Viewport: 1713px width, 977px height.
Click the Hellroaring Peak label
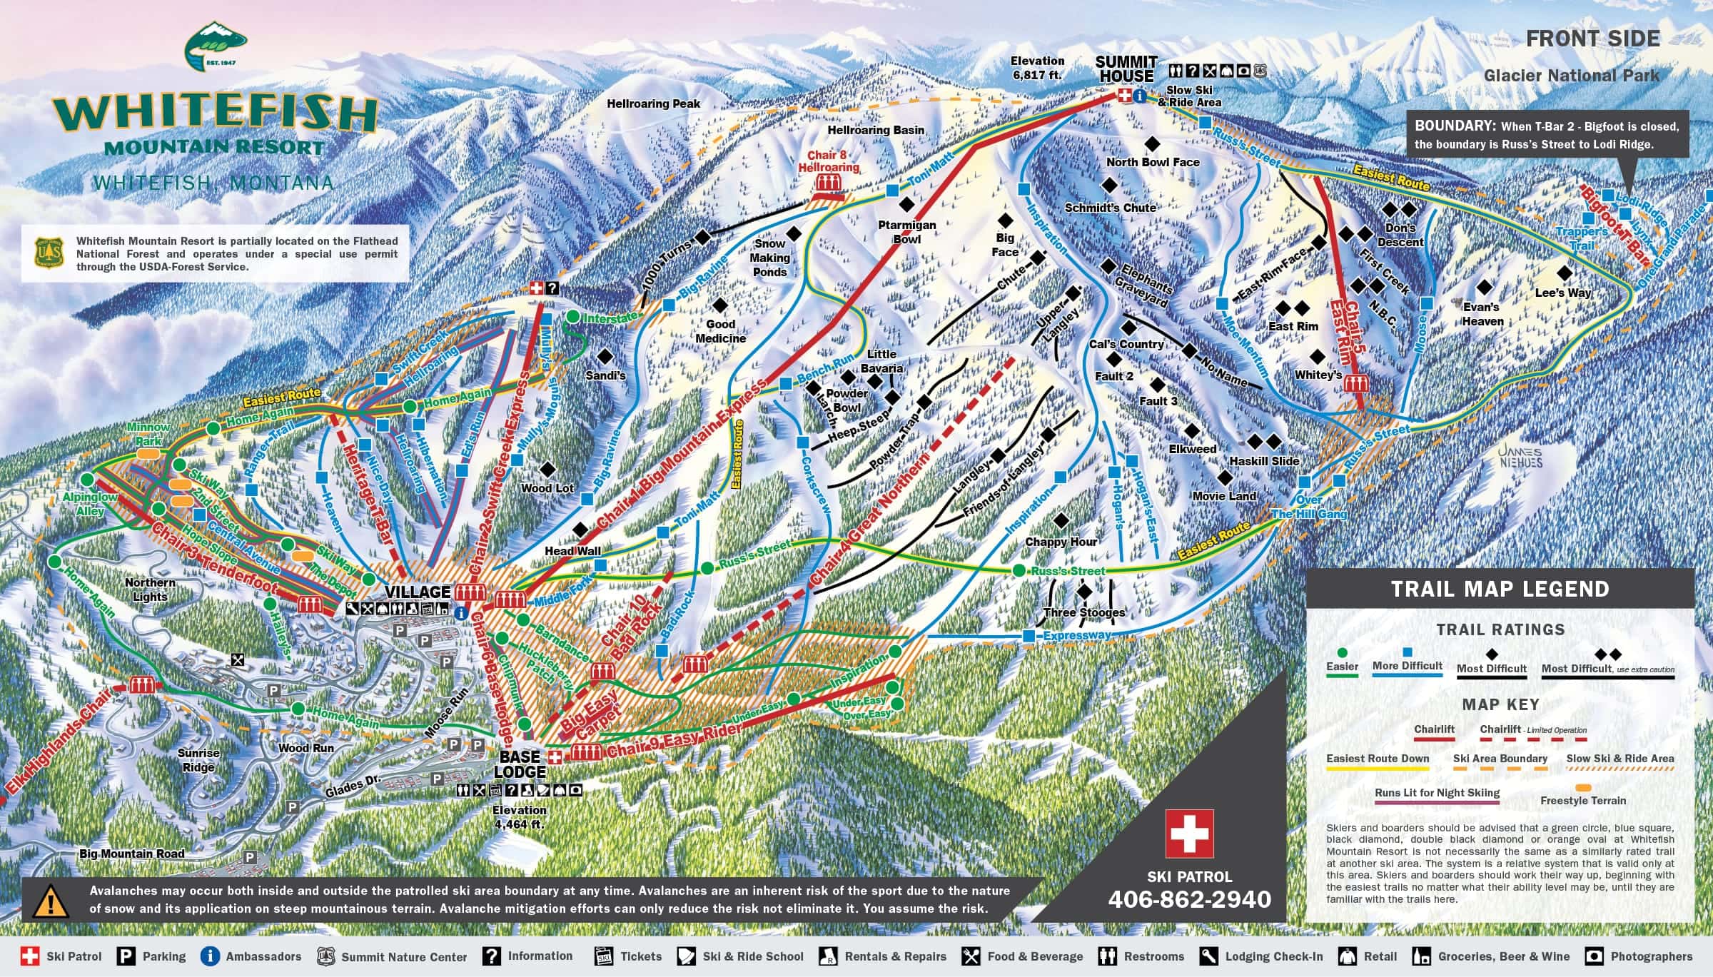653,103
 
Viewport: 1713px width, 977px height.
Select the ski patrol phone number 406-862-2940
1189,899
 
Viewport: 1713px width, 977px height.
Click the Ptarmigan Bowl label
906,231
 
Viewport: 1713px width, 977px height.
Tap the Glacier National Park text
1571,75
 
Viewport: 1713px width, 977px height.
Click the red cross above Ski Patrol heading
1189,834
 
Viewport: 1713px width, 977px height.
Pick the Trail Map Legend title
1500,589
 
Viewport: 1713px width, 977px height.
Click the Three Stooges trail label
1083,612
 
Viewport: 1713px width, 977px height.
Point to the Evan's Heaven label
1482,314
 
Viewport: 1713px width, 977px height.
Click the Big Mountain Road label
131,854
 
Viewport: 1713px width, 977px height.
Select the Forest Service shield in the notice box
46,253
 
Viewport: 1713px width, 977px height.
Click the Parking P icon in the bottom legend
126,956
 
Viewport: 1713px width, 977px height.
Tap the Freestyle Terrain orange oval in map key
1583,787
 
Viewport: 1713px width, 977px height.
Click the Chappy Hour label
1061,542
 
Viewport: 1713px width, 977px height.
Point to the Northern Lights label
150,589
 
